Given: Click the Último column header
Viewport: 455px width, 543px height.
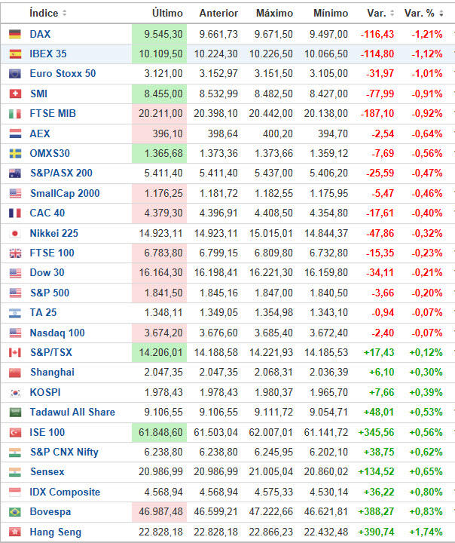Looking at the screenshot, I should [166, 13].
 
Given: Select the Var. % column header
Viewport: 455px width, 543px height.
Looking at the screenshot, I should [419, 13].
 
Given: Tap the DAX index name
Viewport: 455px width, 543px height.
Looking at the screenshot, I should [40, 34].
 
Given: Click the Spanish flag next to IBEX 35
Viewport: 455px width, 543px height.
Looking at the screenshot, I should [15, 54].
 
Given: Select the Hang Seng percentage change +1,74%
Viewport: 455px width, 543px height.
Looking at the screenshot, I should [427, 532].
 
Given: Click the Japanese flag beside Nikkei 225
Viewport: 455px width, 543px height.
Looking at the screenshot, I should [15, 233].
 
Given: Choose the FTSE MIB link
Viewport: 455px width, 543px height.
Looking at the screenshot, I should [53, 113].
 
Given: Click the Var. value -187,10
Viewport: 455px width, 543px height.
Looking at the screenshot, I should [377, 113].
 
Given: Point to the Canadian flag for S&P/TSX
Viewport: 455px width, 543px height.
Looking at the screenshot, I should [15, 352].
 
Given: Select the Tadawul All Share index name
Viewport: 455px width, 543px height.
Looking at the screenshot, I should [72, 412].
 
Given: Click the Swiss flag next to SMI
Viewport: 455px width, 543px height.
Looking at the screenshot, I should [15, 94].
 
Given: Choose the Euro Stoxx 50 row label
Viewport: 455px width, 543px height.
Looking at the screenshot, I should [63, 74].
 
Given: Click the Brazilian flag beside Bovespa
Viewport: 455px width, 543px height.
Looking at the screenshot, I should [15, 511].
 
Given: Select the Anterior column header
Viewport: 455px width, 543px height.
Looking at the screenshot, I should [218, 13].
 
